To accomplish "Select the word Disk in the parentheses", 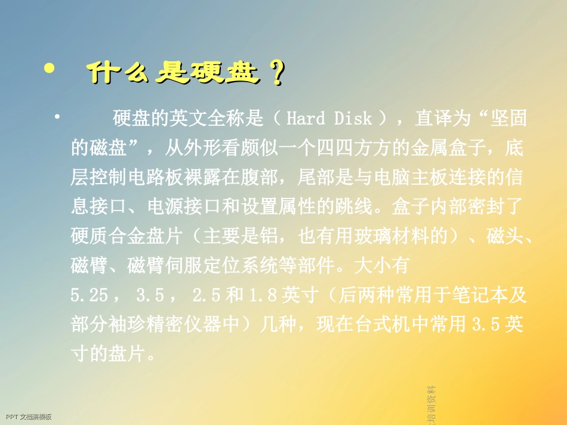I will click(353, 119).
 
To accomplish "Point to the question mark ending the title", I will click(276, 75).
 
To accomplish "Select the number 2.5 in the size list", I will click(207, 295).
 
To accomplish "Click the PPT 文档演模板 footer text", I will click(28, 417).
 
